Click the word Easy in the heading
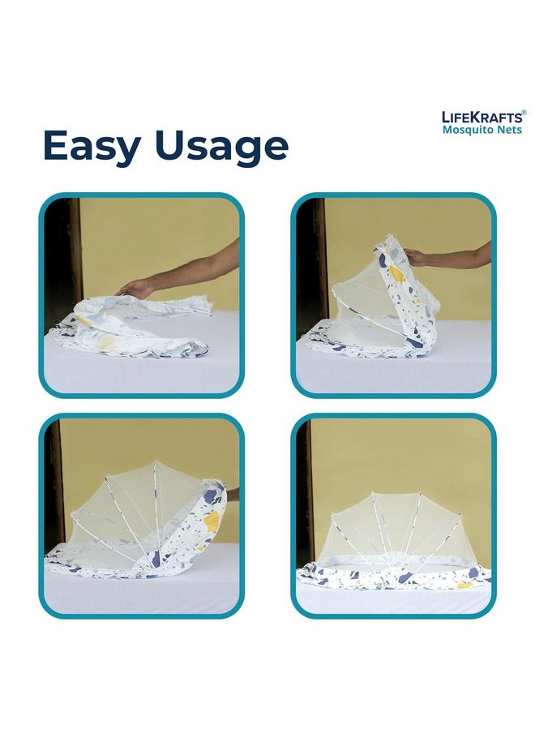click(x=92, y=146)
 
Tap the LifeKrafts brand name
click(x=481, y=117)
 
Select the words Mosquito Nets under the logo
click(x=482, y=130)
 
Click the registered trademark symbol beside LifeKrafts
click(x=524, y=113)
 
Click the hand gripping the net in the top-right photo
click(x=416, y=257)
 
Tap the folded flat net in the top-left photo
click(x=131, y=328)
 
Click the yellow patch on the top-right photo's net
click(x=396, y=274)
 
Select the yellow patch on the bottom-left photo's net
click(x=212, y=521)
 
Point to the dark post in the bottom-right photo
click(x=306, y=491)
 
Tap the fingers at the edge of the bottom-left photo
click(x=233, y=495)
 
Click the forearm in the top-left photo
click(x=196, y=267)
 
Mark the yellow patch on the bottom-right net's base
click(x=465, y=585)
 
